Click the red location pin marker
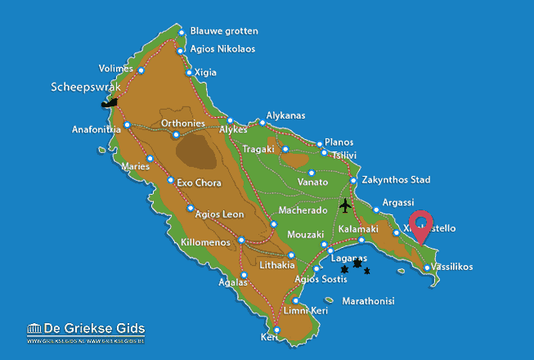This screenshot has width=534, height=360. (x=421, y=224)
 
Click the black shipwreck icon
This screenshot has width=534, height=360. (x=109, y=103)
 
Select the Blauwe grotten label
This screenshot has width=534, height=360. (x=223, y=31)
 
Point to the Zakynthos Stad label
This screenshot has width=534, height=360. (x=395, y=180)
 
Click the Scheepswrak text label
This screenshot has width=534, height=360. (x=86, y=86)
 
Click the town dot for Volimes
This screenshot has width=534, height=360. (x=141, y=70)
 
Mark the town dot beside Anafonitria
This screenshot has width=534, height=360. (x=128, y=124)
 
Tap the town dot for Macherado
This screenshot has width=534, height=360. (x=273, y=224)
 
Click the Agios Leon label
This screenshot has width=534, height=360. (x=219, y=214)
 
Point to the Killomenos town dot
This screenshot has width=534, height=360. (x=241, y=240)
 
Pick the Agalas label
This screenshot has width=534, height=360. (x=234, y=282)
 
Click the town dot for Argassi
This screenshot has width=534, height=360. (x=377, y=210)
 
